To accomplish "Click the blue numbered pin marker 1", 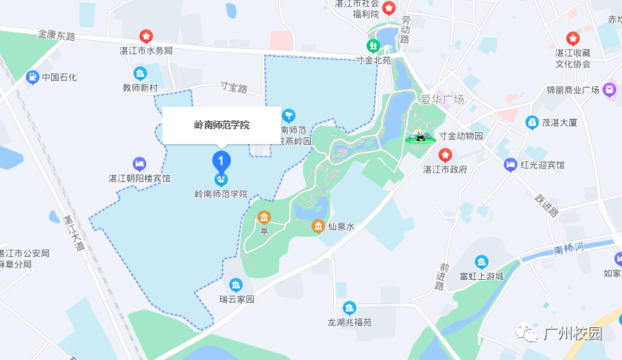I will click(x=221, y=160).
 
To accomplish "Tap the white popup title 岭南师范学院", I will click(x=222, y=125).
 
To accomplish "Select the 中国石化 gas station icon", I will click(x=32, y=76).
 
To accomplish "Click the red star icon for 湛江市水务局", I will click(x=146, y=36).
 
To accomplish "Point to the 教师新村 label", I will click(x=140, y=88).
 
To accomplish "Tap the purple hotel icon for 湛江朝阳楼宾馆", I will click(x=139, y=163).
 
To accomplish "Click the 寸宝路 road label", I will click(x=234, y=88).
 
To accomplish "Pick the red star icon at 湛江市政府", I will click(x=445, y=154).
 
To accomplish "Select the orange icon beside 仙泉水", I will click(x=318, y=226).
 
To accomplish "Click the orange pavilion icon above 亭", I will click(x=263, y=217).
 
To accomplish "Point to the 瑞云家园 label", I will click(x=236, y=300).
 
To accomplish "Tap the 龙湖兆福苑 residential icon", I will click(x=349, y=307).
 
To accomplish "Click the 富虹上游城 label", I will click(x=482, y=277).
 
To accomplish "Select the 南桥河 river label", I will click(x=570, y=248).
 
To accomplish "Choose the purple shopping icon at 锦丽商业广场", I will click(x=609, y=90).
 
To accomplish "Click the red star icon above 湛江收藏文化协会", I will click(x=572, y=38).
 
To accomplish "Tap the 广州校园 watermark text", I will click(x=572, y=334).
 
